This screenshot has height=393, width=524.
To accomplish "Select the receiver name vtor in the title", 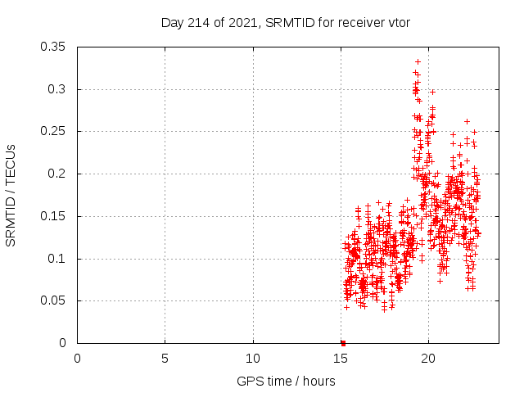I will [x=396, y=22].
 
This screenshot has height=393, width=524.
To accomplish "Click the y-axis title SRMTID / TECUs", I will [x=11, y=195].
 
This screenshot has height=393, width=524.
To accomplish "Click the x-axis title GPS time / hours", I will [x=285, y=381].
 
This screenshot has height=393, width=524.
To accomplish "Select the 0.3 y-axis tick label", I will [x=60, y=89].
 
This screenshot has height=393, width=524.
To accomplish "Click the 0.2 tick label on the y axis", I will [x=60, y=174].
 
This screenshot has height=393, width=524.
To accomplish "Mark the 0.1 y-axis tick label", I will [x=60, y=259].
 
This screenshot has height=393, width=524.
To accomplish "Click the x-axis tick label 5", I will [x=165, y=358].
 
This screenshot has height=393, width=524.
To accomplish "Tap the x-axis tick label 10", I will [x=253, y=358].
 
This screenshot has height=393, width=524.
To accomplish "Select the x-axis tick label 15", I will [x=341, y=358].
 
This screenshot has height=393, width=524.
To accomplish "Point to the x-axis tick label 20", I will [x=428, y=358].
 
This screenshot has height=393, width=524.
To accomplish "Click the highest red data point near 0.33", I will [x=418, y=61].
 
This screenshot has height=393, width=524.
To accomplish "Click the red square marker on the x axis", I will [x=343, y=343].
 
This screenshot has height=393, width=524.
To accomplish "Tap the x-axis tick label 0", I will [x=78, y=358].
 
